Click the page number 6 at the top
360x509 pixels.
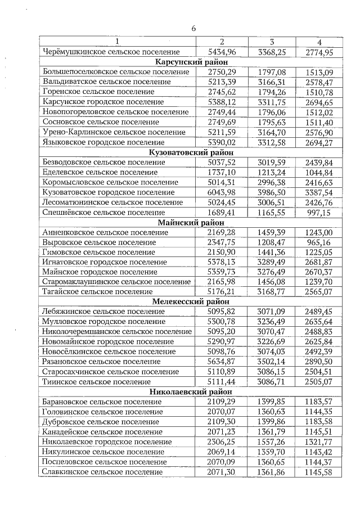193,28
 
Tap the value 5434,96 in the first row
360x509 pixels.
222,52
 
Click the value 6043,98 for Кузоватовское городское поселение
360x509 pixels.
222,192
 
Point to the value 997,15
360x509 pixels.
318,213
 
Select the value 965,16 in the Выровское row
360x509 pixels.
318,242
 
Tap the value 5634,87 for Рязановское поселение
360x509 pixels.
222,362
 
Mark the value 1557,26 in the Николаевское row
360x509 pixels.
272,442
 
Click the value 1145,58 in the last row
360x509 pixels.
318,472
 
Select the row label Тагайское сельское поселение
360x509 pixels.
97,291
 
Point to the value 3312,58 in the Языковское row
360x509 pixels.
272,142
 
